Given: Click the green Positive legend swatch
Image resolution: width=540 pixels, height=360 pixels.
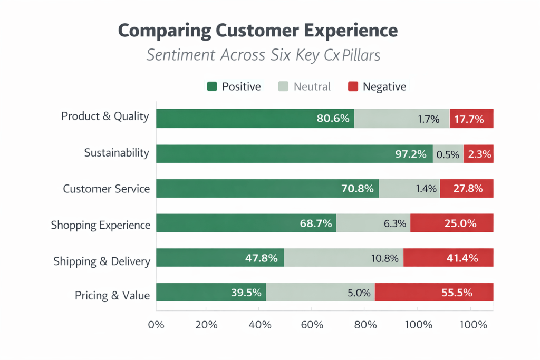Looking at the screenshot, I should pyautogui.click(x=212, y=86).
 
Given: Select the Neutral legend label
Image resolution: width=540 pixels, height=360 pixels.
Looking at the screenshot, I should pyautogui.click(x=312, y=86).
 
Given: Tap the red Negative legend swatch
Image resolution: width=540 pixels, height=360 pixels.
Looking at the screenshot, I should pyautogui.click(x=352, y=86).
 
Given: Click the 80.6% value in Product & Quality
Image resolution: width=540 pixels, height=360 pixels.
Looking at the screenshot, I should pyautogui.click(x=333, y=119).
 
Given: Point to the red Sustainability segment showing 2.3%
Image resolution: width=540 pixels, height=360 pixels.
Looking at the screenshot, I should pyautogui.click(x=479, y=154).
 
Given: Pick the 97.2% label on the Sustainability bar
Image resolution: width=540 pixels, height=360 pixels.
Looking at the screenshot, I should pyautogui.click(x=411, y=154).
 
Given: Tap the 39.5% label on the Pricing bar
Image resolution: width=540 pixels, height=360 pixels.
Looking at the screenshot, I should pyautogui.click(x=246, y=293).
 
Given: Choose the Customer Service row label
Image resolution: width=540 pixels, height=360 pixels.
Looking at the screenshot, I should pyautogui.click(x=106, y=189).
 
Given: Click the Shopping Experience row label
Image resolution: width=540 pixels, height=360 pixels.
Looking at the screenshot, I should pyautogui.click(x=100, y=225).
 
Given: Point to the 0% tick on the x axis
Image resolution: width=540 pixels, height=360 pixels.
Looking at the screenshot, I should pyautogui.click(x=157, y=325).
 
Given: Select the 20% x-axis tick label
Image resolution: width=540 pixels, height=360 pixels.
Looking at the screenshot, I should pyautogui.click(x=206, y=325).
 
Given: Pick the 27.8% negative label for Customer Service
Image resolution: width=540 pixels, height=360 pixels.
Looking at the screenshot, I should pyautogui.click(x=467, y=189).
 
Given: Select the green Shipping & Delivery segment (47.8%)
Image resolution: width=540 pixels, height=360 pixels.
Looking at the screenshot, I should pyautogui.click(x=220, y=258).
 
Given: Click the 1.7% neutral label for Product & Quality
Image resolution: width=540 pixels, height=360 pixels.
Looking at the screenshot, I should pyautogui.click(x=428, y=119).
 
